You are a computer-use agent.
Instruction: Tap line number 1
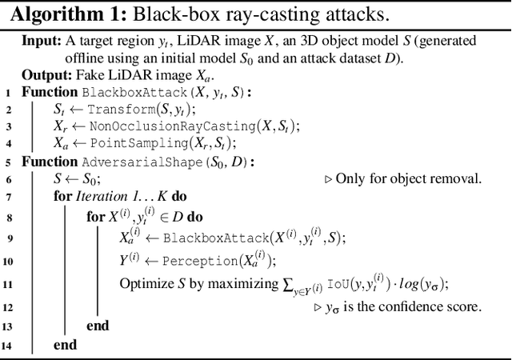7,93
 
